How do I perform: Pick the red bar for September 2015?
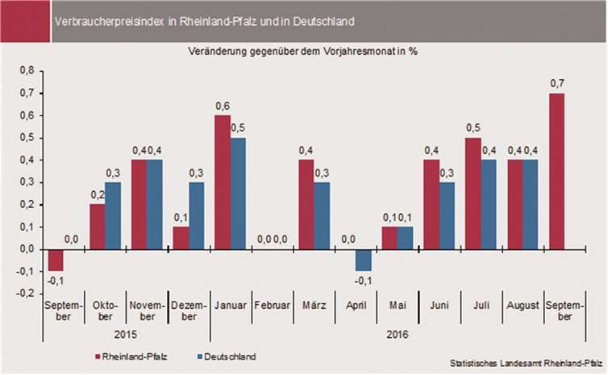(x=56, y=260)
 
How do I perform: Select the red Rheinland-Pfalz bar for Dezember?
(x=181, y=239)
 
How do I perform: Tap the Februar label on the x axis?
(x=273, y=307)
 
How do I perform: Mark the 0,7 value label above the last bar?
(x=557, y=84)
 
